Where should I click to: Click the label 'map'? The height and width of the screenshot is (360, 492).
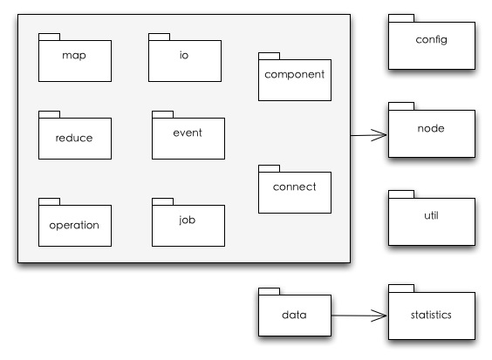pos(74,56)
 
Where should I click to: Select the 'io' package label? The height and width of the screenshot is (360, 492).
pos(184,55)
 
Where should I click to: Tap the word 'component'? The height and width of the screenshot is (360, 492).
pos(294,75)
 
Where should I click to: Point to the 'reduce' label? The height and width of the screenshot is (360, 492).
pos(74,138)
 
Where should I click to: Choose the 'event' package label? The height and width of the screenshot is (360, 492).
pos(188,132)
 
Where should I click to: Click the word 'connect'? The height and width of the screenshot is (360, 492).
pos(294,187)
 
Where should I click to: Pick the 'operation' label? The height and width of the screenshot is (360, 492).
pos(74,225)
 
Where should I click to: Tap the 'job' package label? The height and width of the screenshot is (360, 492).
pos(188,220)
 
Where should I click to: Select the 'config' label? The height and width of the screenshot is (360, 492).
pos(432,40)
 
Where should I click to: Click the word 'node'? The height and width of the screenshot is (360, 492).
pos(431,128)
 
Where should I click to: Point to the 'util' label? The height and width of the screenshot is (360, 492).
pos(431,215)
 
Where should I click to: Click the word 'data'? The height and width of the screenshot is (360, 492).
pos(294,315)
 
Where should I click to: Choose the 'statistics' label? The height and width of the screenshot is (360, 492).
pos(431,315)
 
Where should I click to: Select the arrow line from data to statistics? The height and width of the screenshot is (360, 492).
pos(359,316)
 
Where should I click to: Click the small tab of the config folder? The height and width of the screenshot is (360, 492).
pos(401,18)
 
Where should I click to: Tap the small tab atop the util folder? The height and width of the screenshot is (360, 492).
pos(401,194)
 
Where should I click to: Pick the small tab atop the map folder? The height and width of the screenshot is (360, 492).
pos(49,37)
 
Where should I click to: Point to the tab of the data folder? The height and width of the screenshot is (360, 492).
pos(270,292)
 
